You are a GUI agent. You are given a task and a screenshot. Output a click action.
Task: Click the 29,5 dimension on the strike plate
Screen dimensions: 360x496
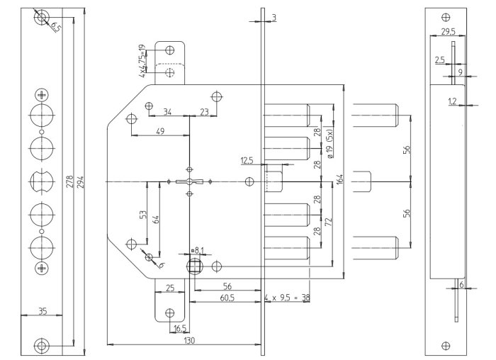[x=448, y=32]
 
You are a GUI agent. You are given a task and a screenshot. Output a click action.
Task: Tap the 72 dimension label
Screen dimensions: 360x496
[x=328, y=223]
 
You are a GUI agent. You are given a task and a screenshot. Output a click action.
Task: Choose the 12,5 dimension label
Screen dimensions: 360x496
[x=247, y=159]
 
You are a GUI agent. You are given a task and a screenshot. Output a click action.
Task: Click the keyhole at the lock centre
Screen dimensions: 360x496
[x=188, y=183]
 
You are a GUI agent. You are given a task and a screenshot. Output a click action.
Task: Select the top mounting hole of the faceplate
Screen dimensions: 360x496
[x=42, y=17]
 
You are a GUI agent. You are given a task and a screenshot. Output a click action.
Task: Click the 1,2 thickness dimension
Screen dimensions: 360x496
[x=451, y=101]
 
